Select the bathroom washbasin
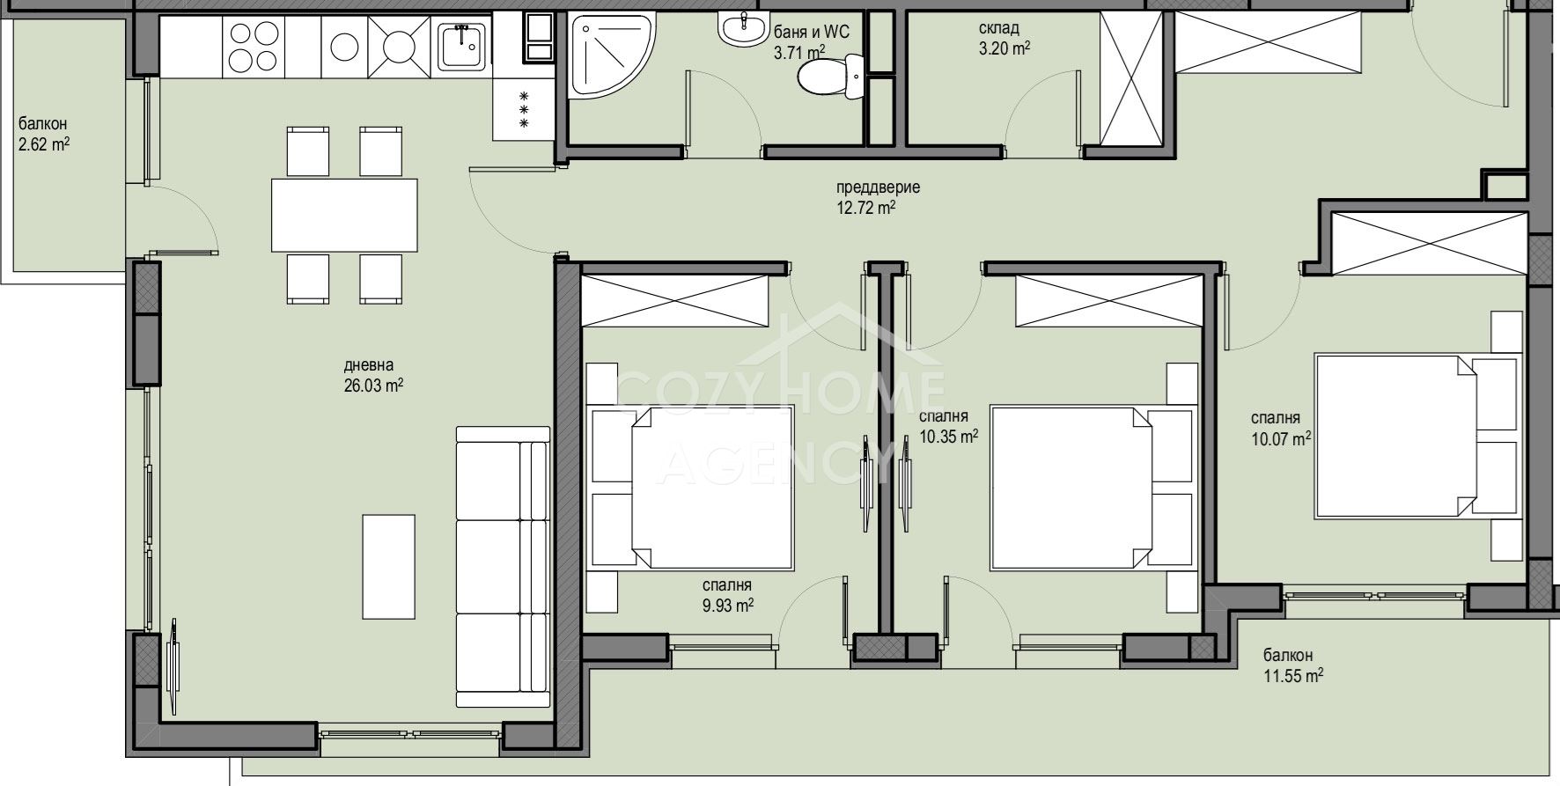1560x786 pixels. tap(743, 27)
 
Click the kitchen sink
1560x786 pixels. tap(463, 46)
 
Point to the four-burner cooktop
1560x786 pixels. tap(254, 46)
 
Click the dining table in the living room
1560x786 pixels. tap(344, 215)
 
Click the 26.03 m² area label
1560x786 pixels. tap(374, 385)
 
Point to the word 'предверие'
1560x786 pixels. tap(878, 187)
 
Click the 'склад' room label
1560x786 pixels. tap(999, 28)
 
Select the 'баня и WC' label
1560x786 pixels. tap(811, 33)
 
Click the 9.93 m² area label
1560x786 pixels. tap(727, 605)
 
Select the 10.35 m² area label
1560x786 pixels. tap(948, 436)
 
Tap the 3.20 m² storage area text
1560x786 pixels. tap(1004, 48)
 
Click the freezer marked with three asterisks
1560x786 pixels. tap(524, 109)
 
